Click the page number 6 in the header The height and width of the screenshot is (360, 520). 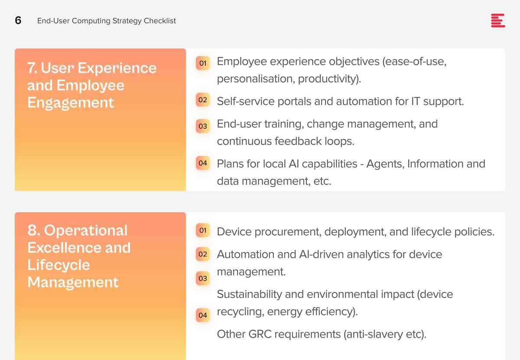coord(18,20)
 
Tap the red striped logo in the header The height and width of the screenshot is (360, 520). coord(498,20)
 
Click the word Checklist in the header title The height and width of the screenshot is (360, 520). coord(160,21)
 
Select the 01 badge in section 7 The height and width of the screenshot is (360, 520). coord(203,63)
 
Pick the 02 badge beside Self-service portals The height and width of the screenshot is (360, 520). coord(203,100)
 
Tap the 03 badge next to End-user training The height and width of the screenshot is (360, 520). coord(203,126)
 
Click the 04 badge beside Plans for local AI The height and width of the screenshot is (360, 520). coord(203,163)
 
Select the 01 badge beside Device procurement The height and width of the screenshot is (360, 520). coord(203,230)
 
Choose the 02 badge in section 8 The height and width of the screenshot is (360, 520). coord(203,254)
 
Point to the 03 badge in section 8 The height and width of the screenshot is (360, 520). coord(203,278)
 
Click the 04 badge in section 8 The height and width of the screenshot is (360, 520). coord(203,315)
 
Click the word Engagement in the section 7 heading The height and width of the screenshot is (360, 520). coord(71,103)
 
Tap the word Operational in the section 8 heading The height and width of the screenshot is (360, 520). coord(86,230)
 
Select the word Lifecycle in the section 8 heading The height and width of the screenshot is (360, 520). coord(59,265)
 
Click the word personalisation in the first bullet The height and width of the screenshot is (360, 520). coord(256,79)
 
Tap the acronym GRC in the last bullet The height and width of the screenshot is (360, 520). coord(260,334)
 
